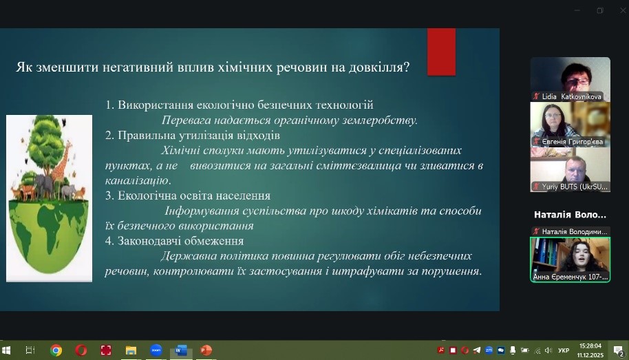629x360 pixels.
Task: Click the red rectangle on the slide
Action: [441, 52]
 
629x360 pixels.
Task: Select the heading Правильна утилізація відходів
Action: [199, 135]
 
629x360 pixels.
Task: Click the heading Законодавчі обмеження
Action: [180, 241]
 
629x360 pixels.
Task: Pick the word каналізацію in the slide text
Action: [138, 180]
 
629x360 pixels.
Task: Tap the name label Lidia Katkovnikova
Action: [571, 96]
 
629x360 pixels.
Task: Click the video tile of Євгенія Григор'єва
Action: [570, 125]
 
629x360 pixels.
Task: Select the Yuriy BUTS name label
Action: [575, 187]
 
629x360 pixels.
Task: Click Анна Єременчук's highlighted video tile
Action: [570, 260]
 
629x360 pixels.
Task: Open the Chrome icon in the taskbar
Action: [56, 350]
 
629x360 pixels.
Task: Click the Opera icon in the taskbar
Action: [81, 350]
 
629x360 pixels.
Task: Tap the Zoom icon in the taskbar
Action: [156, 350]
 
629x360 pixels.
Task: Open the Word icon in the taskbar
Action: [181, 350]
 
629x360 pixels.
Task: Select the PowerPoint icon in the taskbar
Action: [206, 350]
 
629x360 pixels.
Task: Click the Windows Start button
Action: [6, 350]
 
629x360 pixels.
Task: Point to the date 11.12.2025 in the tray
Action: [590, 355]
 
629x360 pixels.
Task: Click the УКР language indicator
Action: [564, 350]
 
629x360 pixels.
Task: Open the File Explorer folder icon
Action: [131, 350]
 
